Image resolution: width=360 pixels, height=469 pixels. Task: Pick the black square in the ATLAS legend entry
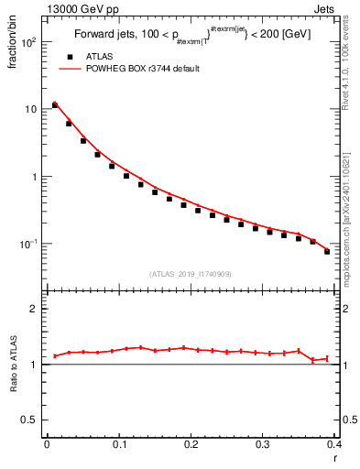tap(68, 56)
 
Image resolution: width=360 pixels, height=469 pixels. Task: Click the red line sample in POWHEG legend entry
tap(68, 69)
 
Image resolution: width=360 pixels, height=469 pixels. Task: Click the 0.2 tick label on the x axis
tap(191, 445)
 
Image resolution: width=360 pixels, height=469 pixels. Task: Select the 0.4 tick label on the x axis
tap(333, 445)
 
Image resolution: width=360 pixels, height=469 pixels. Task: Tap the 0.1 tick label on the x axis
tap(118, 445)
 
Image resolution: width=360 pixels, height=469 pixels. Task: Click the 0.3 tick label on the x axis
tap(263, 445)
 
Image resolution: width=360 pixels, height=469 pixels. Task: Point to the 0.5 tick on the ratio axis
tap(33, 420)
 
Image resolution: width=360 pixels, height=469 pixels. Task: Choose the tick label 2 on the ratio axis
tap(37, 309)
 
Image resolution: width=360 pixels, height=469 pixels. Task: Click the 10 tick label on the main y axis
tap(32, 110)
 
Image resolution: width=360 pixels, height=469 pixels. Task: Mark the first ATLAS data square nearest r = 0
tap(54, 105)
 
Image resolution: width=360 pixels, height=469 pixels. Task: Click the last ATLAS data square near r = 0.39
tap(327, 251)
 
